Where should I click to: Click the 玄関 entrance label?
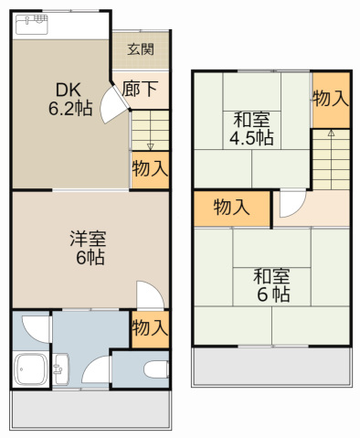pyautogui.click(x=141, y=49)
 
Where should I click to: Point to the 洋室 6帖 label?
pyautogui.click(x=89, y=248)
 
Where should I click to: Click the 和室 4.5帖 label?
pyautogui.click(x=252, y=128)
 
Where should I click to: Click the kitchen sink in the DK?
pyautogui.click(x=35, y=24)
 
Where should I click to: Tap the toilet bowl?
pyautogui.click(x=155, y=369)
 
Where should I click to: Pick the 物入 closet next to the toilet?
pyautogui.click(x=149, y=326)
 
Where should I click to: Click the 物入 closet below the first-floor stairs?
pyautogui.click(x=150, y=169)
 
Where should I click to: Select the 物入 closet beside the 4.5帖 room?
pyautogui.click(x=331, y=98)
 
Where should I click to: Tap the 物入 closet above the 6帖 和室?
pyautogui.click(x=231, y=207)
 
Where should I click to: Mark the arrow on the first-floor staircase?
pyautogui.click(x=150, y=144)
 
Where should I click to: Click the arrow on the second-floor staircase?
pyautogui.click(x=331, y=134)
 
